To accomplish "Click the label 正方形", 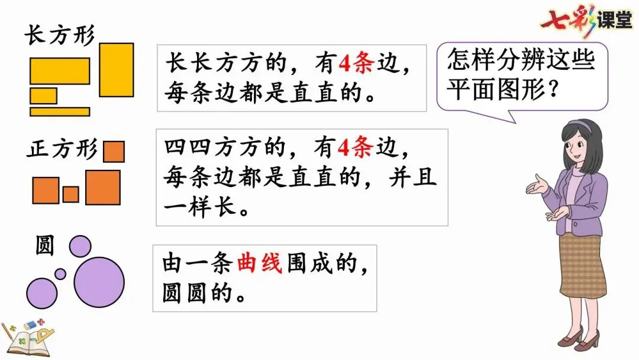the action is [61, 149].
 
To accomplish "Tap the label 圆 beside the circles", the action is [45, 246].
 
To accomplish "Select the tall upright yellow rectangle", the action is [116, 70].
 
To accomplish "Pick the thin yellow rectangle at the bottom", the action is [60, 111].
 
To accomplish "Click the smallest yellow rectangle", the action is [43, 95].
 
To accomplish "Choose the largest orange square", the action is [103, 188].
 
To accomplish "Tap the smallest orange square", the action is [71, 194].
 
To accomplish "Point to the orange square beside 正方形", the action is [114, 151].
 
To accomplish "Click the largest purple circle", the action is [99, 282].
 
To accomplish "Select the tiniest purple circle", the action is [60, 274].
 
